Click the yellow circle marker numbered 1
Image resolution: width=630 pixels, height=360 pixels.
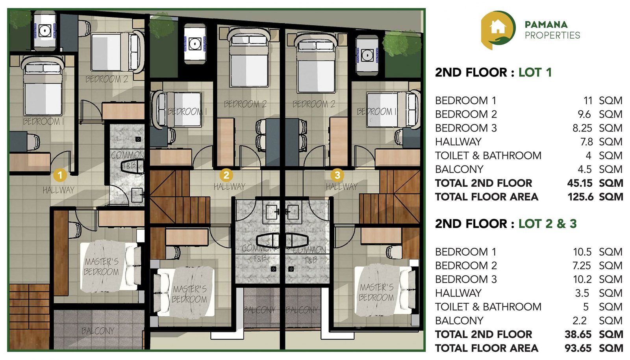click(60, 175)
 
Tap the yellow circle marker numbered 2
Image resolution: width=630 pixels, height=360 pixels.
click(226, 175)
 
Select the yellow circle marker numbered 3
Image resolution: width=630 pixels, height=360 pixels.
click(337, 174)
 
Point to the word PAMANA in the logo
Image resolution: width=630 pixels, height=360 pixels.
click(546, 24)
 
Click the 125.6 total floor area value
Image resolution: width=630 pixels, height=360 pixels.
click(580, 197)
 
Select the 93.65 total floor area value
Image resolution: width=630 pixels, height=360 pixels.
click(578, 348)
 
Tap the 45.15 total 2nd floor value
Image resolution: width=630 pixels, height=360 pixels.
click(579, 183)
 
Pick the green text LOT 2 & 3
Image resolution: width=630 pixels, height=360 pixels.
click(547, 224)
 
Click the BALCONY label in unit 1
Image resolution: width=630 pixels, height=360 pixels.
click(98, 331)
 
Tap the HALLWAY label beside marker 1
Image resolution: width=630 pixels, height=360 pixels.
click(58, 190)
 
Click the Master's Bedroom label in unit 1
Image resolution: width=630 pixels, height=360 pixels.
click(101, 267)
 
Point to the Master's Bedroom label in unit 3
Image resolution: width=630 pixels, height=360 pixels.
click(376, 292)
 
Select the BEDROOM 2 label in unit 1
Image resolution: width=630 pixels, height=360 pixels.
click(107, 79)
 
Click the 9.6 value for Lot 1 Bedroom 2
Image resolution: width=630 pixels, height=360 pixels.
click(584, 114)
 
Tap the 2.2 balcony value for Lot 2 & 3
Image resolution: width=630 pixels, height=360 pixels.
click(580, 321)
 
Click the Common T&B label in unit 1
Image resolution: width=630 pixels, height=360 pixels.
click(127, 160)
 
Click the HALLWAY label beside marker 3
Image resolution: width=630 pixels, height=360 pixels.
click(342, 187)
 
